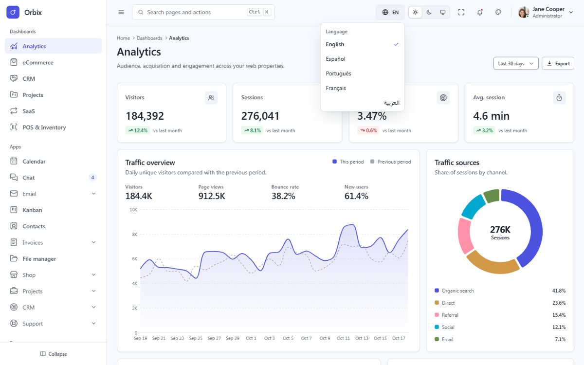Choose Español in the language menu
[335, 59]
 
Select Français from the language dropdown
[336, 88]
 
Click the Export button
[558, 63]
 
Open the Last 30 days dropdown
[516, 63]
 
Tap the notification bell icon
[480, 12]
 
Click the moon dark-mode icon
[429, 12]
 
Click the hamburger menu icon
[121, 12]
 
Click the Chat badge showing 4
[92, 178]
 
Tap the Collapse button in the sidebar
[54, 354]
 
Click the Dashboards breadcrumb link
[149, 38]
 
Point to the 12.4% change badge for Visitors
[138, 130]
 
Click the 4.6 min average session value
[491, 116]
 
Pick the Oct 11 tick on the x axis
[343, 338]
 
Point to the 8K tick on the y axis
[134, 235]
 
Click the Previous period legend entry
[390, 162]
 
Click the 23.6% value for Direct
[559, 303]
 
